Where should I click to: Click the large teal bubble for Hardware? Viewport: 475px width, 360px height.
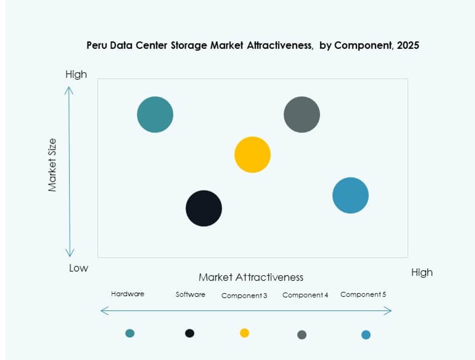click(155, 114)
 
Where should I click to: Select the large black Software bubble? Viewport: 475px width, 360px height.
click(204, 208)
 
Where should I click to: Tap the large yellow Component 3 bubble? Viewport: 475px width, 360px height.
click(253, 155)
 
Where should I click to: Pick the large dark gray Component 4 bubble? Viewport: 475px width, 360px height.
click(302, 114)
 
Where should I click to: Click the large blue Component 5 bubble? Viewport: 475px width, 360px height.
click(350, 195)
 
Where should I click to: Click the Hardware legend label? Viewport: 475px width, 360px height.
click(128, 294)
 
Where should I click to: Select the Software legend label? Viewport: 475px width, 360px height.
click(190, 295)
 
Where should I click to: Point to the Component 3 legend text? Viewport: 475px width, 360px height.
click(244, 296)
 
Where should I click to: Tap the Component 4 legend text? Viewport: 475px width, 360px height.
click(305, 295)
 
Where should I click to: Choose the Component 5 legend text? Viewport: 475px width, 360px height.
click(363, 295)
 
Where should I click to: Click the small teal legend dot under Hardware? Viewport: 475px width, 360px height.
click(130, 333)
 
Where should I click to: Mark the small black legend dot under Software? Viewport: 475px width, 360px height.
click(190, 333)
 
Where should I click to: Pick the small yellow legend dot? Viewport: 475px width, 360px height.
click(245, 332)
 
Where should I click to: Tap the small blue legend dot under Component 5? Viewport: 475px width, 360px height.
click(366, 334)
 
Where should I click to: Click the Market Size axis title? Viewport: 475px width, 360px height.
click(53, 165)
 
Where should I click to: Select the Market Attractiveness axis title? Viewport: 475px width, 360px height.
click(251, 277)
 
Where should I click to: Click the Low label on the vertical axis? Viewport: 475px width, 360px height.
click(78, 268)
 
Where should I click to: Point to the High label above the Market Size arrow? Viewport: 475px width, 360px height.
click(76, 74)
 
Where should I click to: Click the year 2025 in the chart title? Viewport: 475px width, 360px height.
click(408, 46)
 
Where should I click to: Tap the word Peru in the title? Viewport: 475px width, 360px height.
click(96, 46)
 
